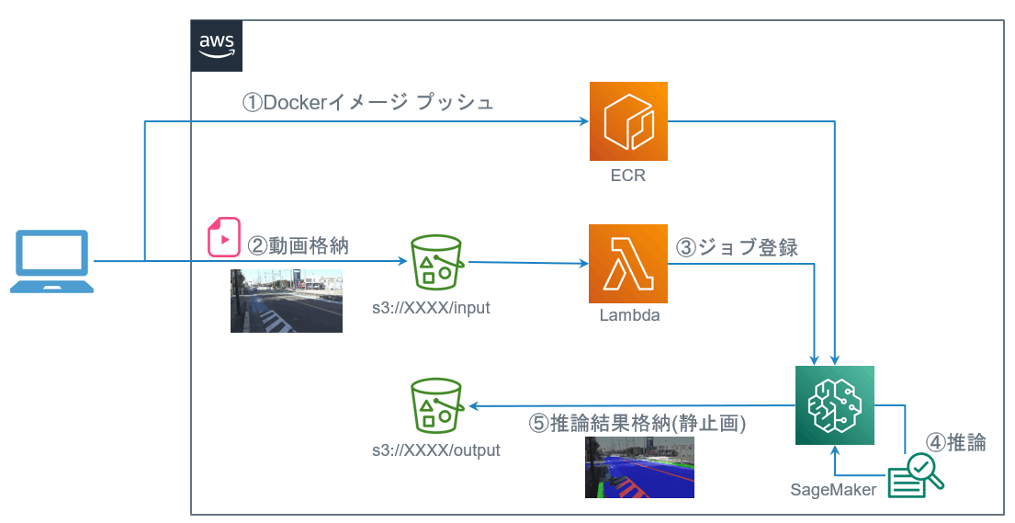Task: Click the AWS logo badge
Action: point(217,46)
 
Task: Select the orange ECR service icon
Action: point(628,121)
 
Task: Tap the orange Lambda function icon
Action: point(628,265)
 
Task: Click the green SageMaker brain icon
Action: point(834,405)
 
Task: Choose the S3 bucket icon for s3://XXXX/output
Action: point(436,405)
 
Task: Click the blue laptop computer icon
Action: point(51,262)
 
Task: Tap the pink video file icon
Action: point(223,236)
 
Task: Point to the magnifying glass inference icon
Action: point(916,476)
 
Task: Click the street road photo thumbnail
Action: point(286,301)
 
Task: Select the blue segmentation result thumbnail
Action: point(639,468)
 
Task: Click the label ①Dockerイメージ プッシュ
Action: point(368,103)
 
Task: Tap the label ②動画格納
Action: point(299,245)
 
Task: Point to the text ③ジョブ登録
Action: point(737,247)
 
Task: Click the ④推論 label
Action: point(955,442)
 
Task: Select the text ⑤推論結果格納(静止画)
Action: point(637,424)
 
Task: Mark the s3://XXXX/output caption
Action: point(436,450)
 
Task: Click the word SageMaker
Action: point(833,489)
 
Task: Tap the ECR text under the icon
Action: point(628,175)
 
